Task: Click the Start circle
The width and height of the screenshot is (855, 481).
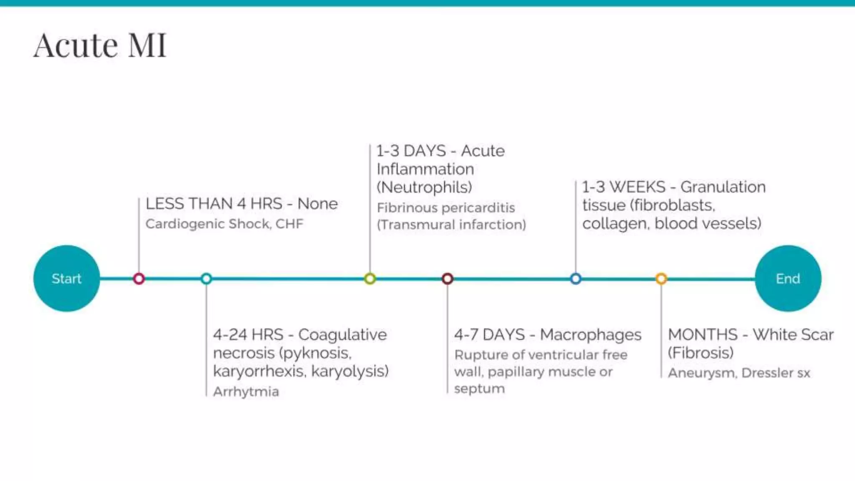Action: [66, 278]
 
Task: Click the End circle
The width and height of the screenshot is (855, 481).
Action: [788, 278]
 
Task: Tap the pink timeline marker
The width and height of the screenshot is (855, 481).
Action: [139, 278]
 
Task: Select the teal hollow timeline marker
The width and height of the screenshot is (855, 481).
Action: [206, 278]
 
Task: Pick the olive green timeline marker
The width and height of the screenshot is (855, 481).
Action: [370, 278]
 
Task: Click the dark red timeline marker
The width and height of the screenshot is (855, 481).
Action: [448, 278]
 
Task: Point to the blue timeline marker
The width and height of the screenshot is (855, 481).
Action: [576, 278]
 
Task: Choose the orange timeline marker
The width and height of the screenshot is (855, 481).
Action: [661, 278]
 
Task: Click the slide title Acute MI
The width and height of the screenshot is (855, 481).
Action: [100, 45]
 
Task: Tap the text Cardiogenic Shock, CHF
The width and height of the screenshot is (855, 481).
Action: [224, 224]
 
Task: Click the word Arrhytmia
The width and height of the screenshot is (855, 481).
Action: [246, 392]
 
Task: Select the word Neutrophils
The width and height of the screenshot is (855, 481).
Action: [425, 187]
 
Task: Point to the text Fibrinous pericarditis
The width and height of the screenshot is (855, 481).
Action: [446, 208]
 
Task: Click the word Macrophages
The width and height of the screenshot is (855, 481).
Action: [590, 335]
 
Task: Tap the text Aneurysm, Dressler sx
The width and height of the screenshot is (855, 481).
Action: [739, 373]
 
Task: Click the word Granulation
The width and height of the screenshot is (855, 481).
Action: [723, 187]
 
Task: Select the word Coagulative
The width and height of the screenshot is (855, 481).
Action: [342, 335]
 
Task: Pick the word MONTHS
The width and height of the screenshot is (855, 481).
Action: [703, 335]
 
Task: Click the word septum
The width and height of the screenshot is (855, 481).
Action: [479, 389]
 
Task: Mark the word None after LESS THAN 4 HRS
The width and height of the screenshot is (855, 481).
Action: [317, 204]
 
